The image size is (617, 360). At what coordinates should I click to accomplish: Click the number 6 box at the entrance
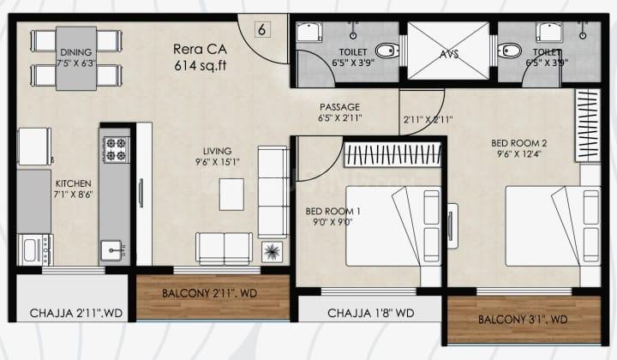click(x=262, y=29)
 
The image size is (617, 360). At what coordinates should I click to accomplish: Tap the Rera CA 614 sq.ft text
click(x=201, y=57)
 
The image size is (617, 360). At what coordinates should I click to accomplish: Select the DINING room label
click(x=76, y=52)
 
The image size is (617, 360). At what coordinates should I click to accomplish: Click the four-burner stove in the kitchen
click(x=117, y=149)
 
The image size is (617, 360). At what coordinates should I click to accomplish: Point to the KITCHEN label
click(x=73, y=183)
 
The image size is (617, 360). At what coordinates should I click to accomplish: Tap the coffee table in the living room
click(x=231, y=195)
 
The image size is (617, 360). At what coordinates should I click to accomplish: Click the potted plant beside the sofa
click(x=272, y=252)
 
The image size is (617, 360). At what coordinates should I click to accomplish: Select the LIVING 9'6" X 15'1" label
click(x=217, y=156)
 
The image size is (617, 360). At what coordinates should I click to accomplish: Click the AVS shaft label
click(x=448, y=54)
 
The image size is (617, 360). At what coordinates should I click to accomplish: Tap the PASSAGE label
click(x=339, y=107)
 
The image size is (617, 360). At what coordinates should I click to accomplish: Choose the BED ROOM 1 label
click(x=332, y=211)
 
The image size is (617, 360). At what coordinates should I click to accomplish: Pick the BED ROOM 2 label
click(x=519, y=143)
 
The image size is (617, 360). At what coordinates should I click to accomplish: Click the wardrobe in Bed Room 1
click(x=392, y=154)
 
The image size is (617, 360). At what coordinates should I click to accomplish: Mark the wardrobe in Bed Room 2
click(x=588, y=125)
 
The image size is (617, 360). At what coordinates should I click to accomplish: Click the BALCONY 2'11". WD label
click(x=209, y=293)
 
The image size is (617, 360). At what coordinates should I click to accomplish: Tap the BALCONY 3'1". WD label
click(x=523, y=320)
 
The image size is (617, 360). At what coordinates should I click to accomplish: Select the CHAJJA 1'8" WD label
click(x=371, y=313)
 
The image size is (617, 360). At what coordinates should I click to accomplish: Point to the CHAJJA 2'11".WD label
click(x=76, y=314)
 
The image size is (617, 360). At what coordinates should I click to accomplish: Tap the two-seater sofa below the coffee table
click(x=225, y=249)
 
